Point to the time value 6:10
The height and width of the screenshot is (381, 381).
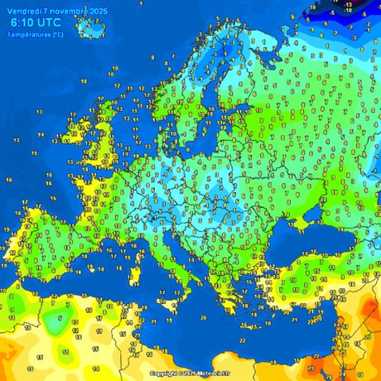(x=24, y=24)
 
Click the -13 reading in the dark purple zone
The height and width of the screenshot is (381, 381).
(x=348, y=4)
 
